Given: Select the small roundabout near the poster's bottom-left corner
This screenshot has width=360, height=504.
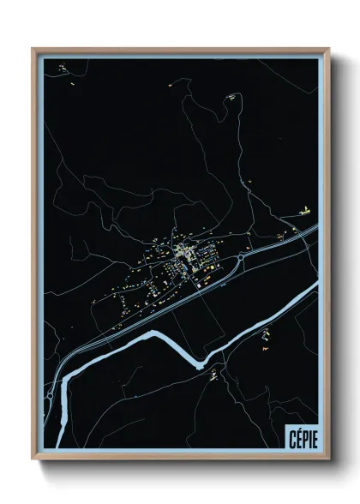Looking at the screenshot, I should click(x=51, y=397).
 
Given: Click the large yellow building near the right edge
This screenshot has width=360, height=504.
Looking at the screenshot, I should click(x=303, y=209).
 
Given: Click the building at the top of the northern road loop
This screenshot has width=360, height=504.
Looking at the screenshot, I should click(x=230, y=98).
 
